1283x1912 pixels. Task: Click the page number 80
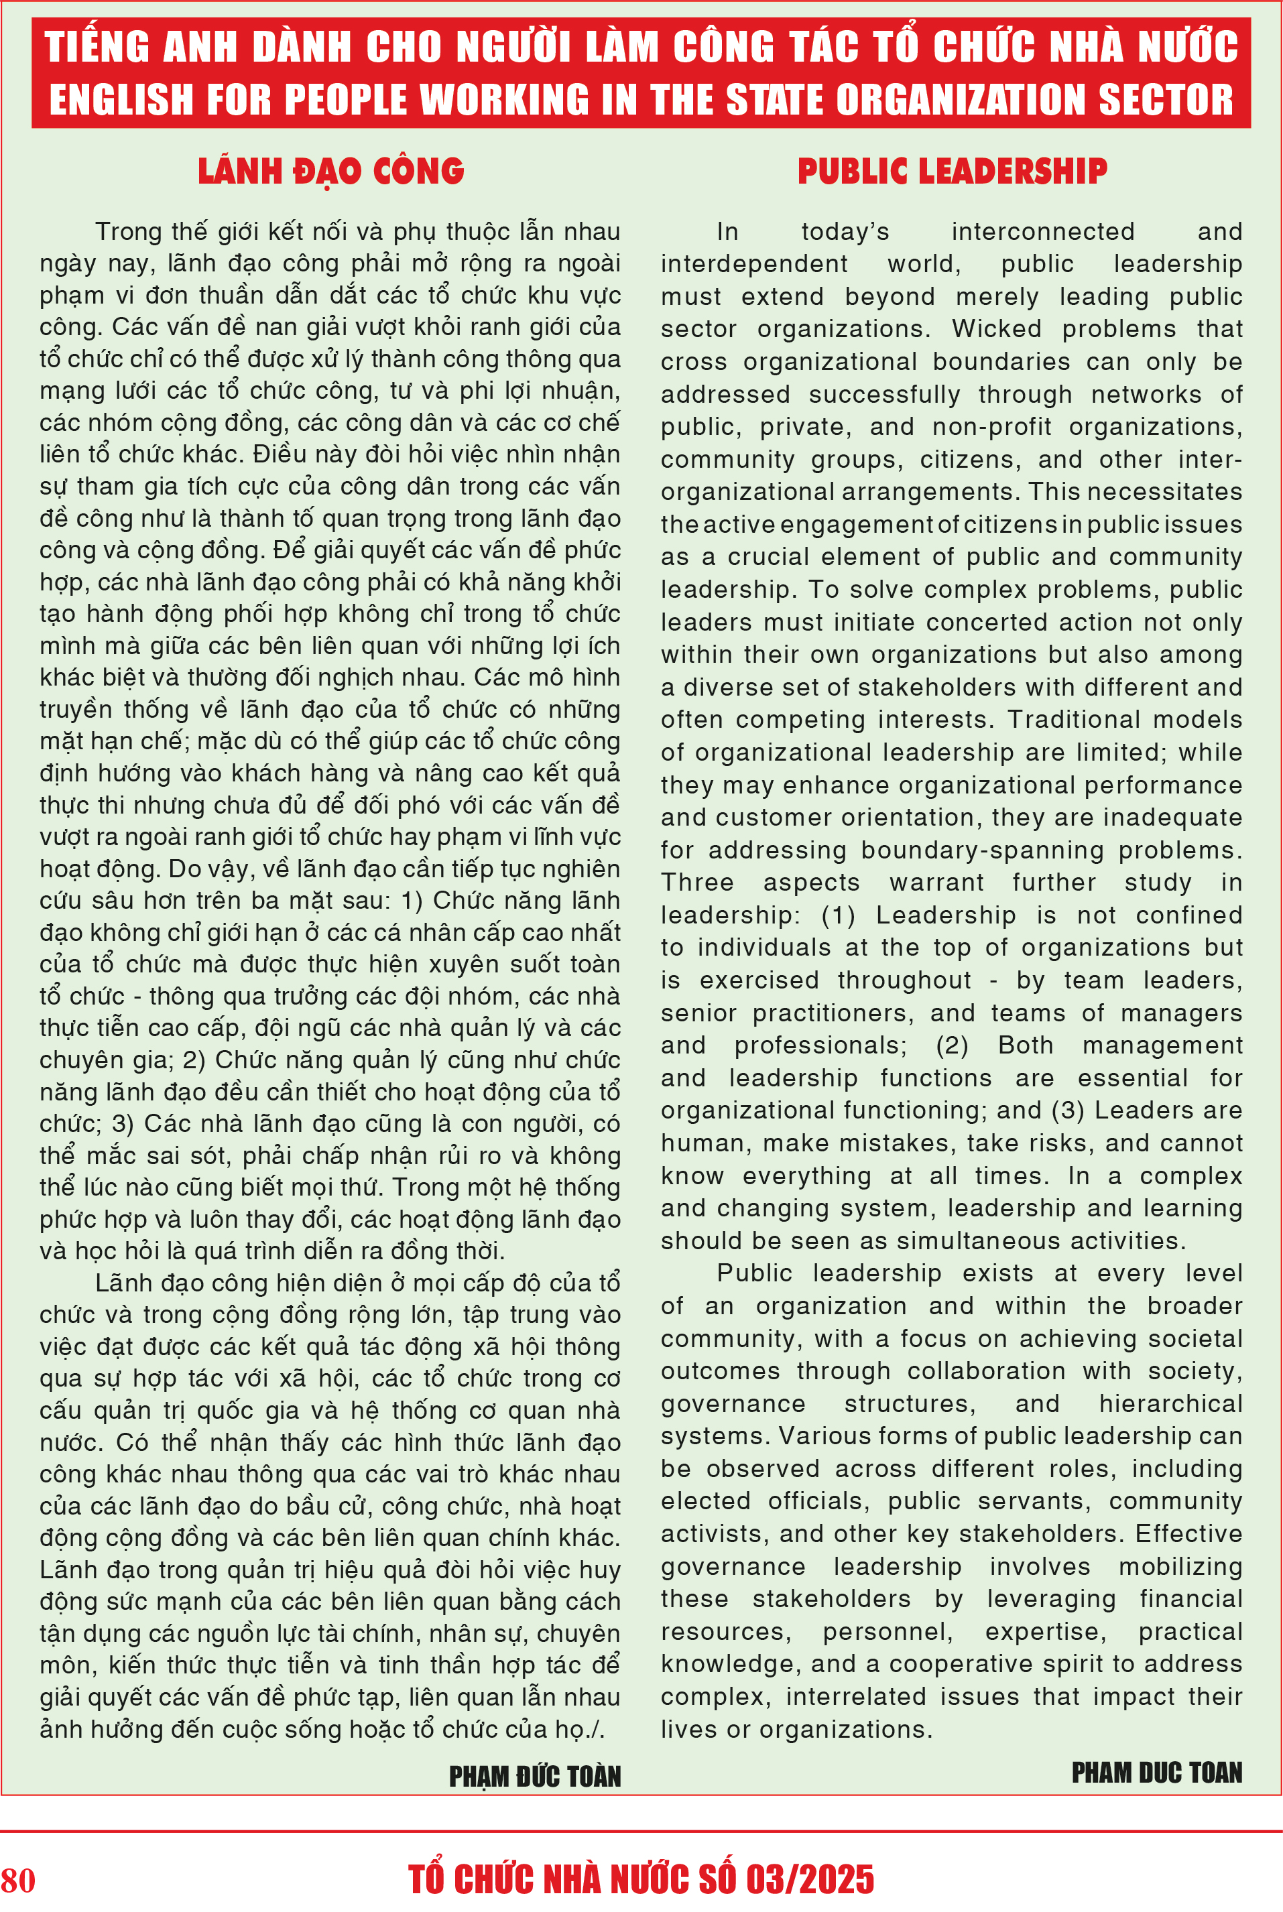click(x=18, y=1879)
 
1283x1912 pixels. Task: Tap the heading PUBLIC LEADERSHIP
click(x=952, y=171)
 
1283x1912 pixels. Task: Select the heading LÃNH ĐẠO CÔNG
click(x=330, y=171)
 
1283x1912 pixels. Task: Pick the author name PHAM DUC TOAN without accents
click(x=1156, y=1771)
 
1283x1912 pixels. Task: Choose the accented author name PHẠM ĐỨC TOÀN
click(x=534, y=1775)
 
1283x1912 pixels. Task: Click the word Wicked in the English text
click(x=996, y=329)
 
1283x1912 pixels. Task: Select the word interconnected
click(x=1042, y=231)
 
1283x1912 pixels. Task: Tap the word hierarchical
click(x=1170, y=1403)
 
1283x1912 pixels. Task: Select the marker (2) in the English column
click(x=952, y=1045)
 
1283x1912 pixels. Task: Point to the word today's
click(x=845, y=231)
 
